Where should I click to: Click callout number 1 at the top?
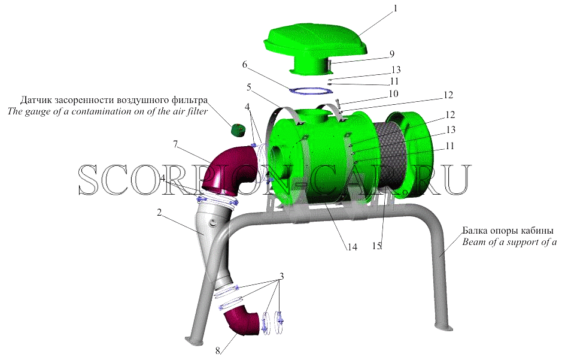click(395, 8)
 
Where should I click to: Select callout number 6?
click(245, 65)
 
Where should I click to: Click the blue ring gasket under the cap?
click(311, 90)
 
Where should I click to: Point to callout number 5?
click(249, 87)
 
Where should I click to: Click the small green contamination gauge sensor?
click(237, 130)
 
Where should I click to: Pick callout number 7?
click(175, 144)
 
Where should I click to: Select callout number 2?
click(159, 213)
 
